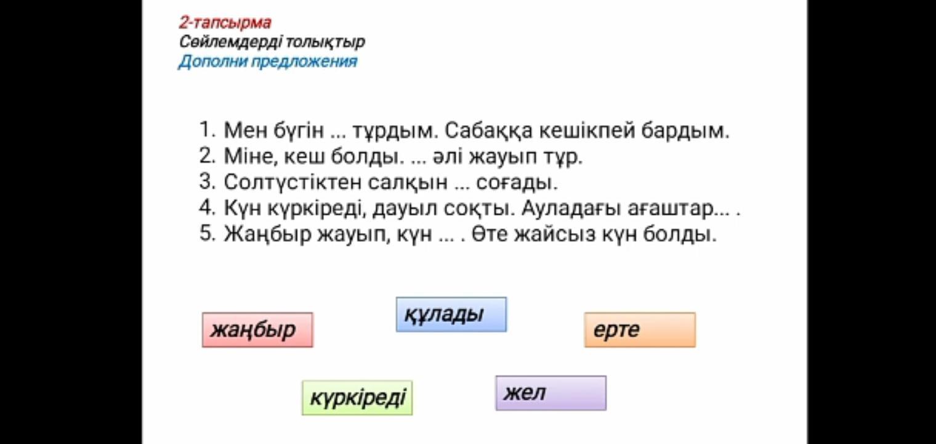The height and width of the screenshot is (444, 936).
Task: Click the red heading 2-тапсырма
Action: pos(225,23)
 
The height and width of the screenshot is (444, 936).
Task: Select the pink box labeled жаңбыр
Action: pos(257,330)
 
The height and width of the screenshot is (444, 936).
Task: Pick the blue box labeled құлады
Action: pos(451,314)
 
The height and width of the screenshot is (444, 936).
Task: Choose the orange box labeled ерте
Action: pos(640,330)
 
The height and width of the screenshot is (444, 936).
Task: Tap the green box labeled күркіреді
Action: pos(357,398)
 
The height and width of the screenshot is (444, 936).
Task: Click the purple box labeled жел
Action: pos(551,393)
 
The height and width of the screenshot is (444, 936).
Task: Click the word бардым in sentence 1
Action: pos(685,131)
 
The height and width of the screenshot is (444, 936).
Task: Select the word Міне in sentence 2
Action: pos(251,157)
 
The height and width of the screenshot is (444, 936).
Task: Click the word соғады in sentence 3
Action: pos(517,183)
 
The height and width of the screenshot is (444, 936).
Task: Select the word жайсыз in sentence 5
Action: pos(554,234)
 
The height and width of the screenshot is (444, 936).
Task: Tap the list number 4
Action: pos(207,208)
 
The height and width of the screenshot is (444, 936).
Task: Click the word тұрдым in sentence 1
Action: pos(395,131)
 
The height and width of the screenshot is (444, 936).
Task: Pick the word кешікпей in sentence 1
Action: pos(587,131)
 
